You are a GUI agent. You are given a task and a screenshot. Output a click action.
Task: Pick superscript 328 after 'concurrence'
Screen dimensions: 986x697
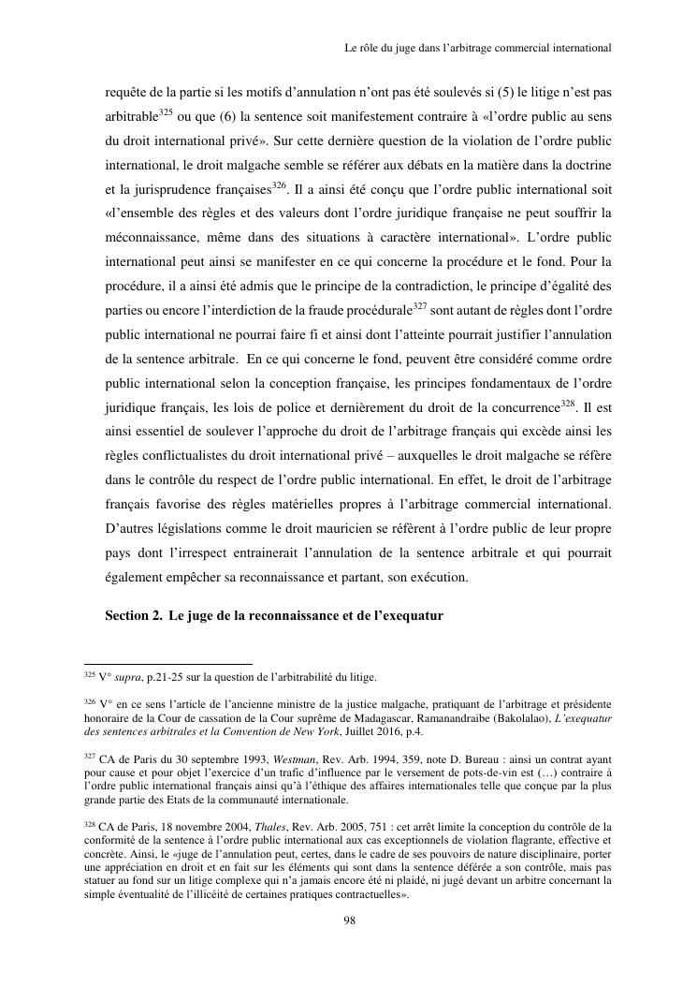click(567, 405)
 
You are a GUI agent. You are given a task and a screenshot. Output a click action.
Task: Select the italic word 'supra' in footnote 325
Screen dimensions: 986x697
click(115, 678)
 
